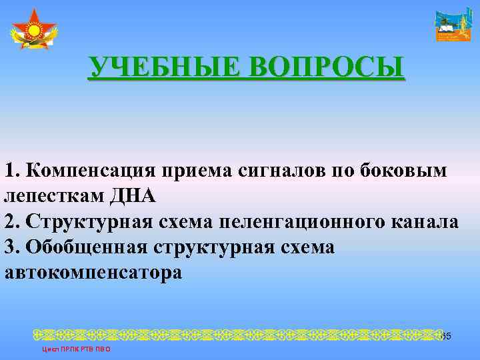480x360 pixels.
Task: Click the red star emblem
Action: (34, 30)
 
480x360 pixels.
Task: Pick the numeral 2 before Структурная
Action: (9, 222)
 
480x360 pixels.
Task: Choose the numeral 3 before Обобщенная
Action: (9, 247)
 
